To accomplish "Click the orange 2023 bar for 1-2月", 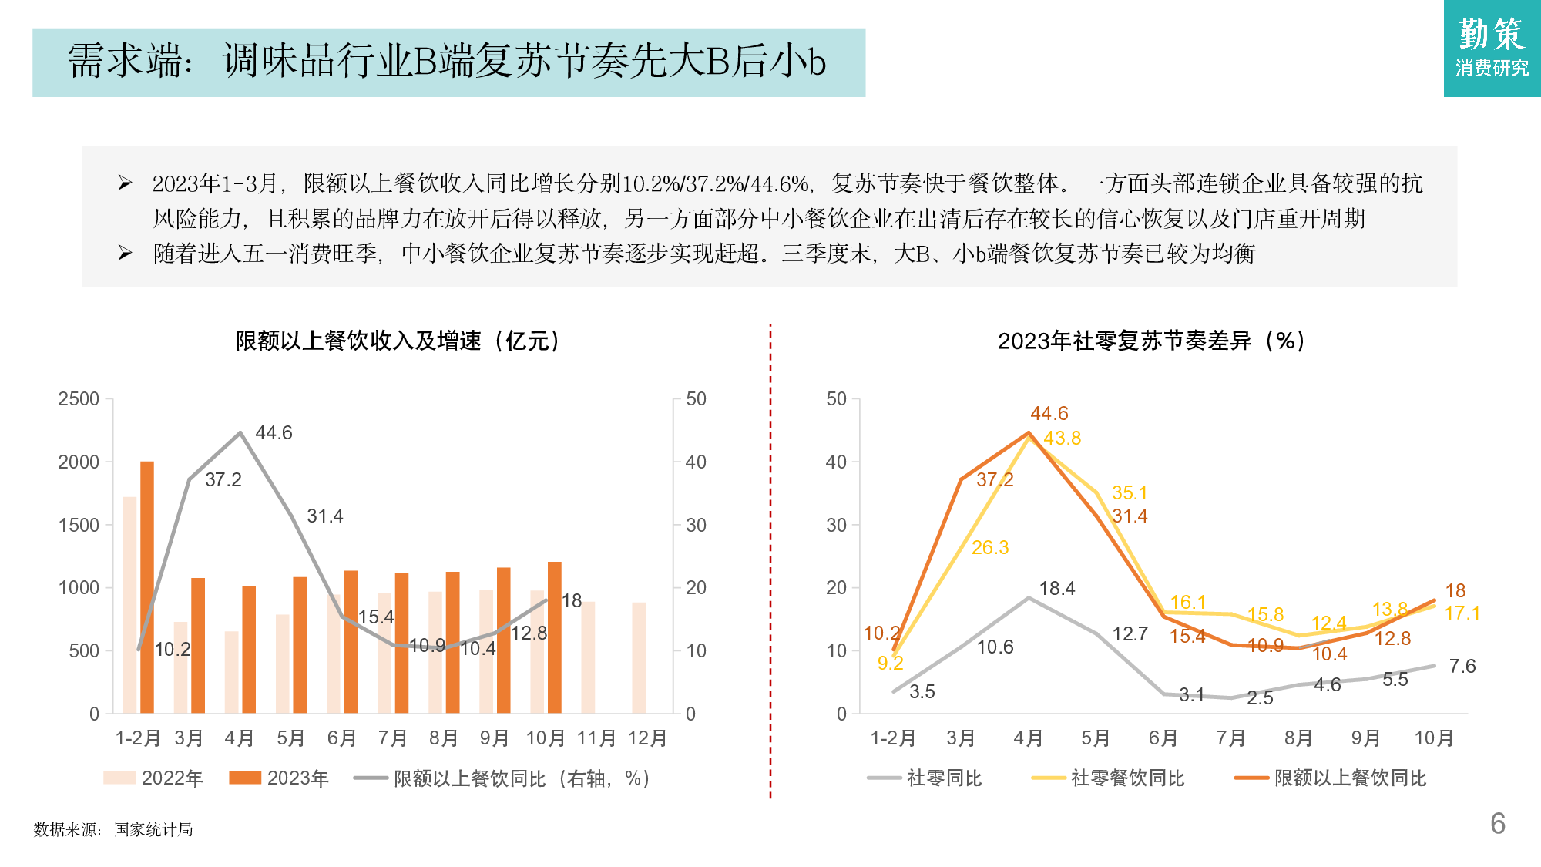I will point(146,587).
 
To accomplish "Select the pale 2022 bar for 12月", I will point(639,657).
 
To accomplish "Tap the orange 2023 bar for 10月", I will point(554,637).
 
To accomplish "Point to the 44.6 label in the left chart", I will point(274,433).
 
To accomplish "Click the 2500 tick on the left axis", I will point(79,399).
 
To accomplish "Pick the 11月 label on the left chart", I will point(596,738).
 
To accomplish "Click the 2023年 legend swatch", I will point(245,778).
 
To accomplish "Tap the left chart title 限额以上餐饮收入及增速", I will point(398,341).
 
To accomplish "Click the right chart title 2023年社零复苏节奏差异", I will point(1151,341).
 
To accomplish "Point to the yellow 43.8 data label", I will point(1062,439).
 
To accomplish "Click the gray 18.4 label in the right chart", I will point(1056,589).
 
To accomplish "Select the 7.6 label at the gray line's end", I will point(1462,667).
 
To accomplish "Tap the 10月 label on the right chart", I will point(1433,738).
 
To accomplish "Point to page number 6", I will point(1498,824).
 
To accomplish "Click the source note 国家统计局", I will point(153,830).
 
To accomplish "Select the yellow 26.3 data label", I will point(990,548).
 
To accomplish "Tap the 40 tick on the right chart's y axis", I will point(836,462).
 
